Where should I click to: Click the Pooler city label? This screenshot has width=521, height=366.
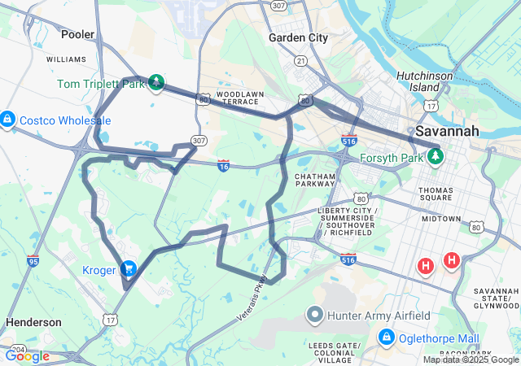[78, 34]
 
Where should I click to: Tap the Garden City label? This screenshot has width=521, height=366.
[298, 37]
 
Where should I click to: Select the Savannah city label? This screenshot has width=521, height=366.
[447, 131]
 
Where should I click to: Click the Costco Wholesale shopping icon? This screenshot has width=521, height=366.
[7, 120]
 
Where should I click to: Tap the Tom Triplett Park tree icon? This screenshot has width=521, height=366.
[155, 82]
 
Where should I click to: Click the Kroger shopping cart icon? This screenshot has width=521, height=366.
[128, 268]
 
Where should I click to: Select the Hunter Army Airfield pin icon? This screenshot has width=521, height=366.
[315, 314]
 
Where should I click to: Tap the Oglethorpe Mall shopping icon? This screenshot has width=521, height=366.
[387, 337]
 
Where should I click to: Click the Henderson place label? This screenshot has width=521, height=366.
[33, 322]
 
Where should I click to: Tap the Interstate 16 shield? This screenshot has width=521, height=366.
[224, 165]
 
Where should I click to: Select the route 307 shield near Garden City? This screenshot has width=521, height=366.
[279, 6]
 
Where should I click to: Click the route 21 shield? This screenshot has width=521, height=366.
[301, 61]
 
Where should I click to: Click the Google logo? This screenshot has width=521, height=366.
[27, 355]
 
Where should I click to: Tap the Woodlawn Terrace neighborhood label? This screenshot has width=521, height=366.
[241, 98]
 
